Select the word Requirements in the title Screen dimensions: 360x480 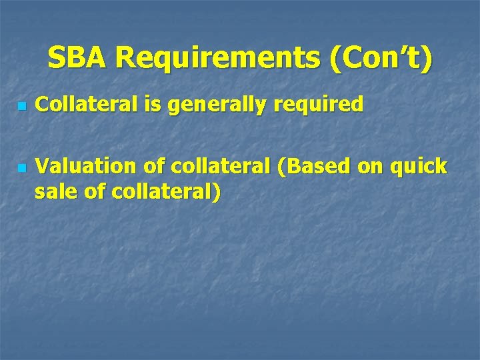[217, 59]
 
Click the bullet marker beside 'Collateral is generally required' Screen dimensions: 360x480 [21, 106]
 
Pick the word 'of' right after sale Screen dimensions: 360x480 [93, 192]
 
